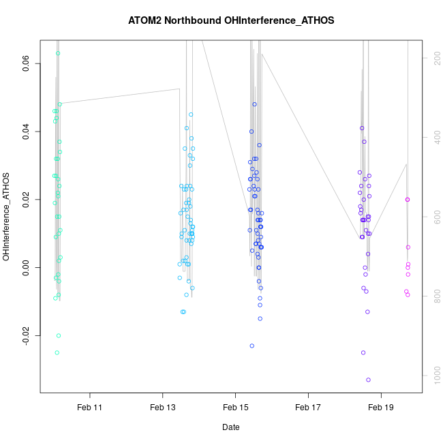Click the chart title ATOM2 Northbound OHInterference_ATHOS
coord(231,20)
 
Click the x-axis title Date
coord(230,427)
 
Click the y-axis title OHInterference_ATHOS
coord(7,217)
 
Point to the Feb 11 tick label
coord(90,407)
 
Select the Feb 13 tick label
coord(163,407)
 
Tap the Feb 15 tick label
coord(235,407)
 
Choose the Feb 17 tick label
coord(308,407)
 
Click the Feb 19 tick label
coord(381,407)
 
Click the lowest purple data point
coord(368,380)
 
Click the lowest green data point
coord(57,352)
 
